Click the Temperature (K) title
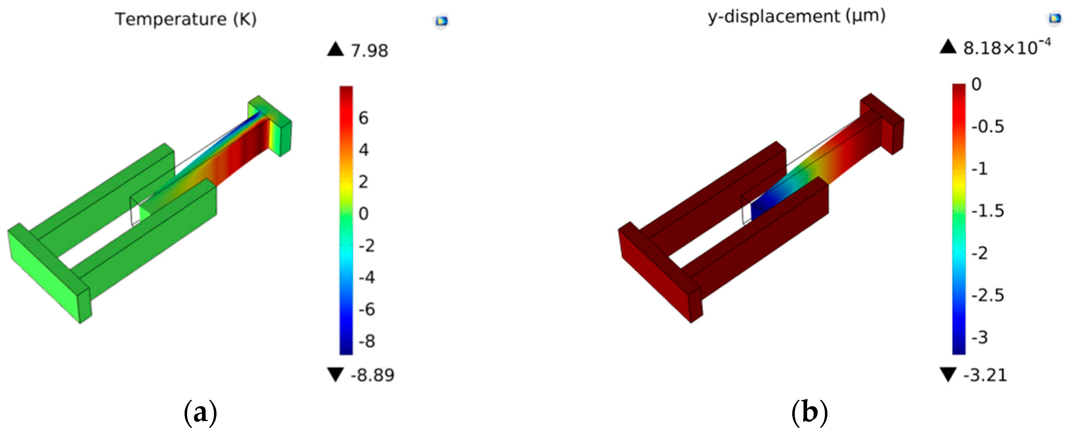click(186, 20)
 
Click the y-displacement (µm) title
click(797, 17)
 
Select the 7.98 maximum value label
click(369, 51)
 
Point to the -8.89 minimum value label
click(372, 375)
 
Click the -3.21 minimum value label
click(985, 375)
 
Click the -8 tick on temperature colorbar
click(367, 341)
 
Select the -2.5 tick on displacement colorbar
click(988, 295)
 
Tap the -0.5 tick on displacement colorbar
click(988, 126)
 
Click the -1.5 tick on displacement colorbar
click(988, 211)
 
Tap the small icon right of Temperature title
click(441, 21)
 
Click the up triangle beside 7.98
click(335, 49)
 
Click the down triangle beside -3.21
click(948, 374)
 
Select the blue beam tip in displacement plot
click(762, 209)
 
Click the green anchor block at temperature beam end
click(274, 125)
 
